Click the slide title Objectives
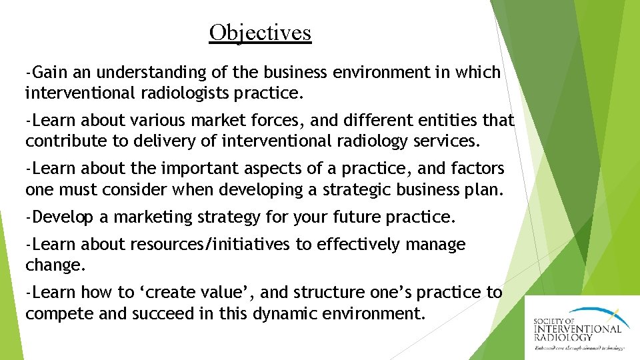(260, 32)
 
